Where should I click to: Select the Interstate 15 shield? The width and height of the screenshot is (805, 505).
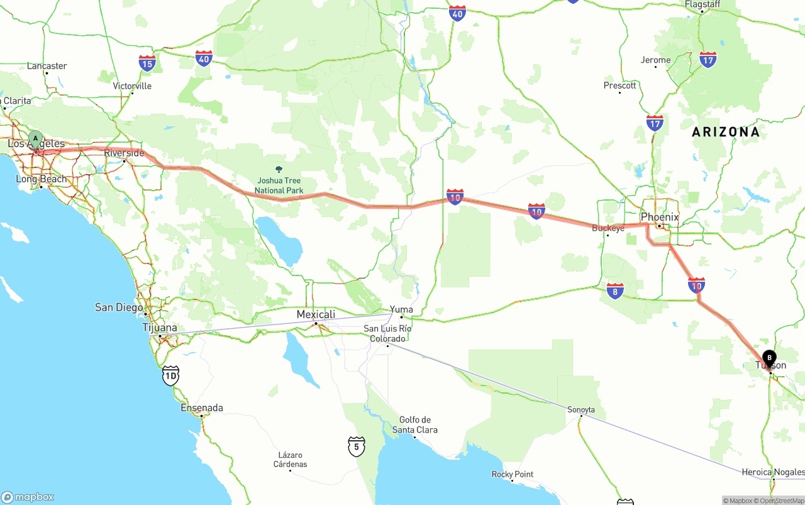pos(147,63)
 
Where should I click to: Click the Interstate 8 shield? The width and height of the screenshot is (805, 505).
pos(615,291)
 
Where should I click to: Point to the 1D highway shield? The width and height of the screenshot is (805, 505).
pos(170,376)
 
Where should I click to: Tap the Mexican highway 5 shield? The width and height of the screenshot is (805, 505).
pos(357,447)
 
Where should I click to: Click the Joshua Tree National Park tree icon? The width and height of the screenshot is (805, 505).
pos(279,169)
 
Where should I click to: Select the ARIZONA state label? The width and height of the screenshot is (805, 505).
pos(725,132)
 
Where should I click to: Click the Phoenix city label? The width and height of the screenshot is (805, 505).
pos(660,217)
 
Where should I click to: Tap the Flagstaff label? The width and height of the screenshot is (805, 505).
pos(702,4)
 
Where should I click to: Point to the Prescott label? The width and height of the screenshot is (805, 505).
pos(619,85)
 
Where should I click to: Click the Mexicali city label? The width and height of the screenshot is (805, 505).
pos(316,314)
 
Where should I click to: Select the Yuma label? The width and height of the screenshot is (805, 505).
pos(401,309)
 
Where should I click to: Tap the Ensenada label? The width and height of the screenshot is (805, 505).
pos(201,408)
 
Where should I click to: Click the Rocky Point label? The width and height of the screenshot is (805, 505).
pos(513,474)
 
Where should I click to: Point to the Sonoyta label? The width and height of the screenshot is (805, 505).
pos(580,409)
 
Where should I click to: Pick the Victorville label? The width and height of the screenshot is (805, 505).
pos(132,86)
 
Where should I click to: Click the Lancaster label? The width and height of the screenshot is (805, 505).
pos(47,65)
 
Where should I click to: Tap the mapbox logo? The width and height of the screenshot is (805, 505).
pos(28,497)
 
